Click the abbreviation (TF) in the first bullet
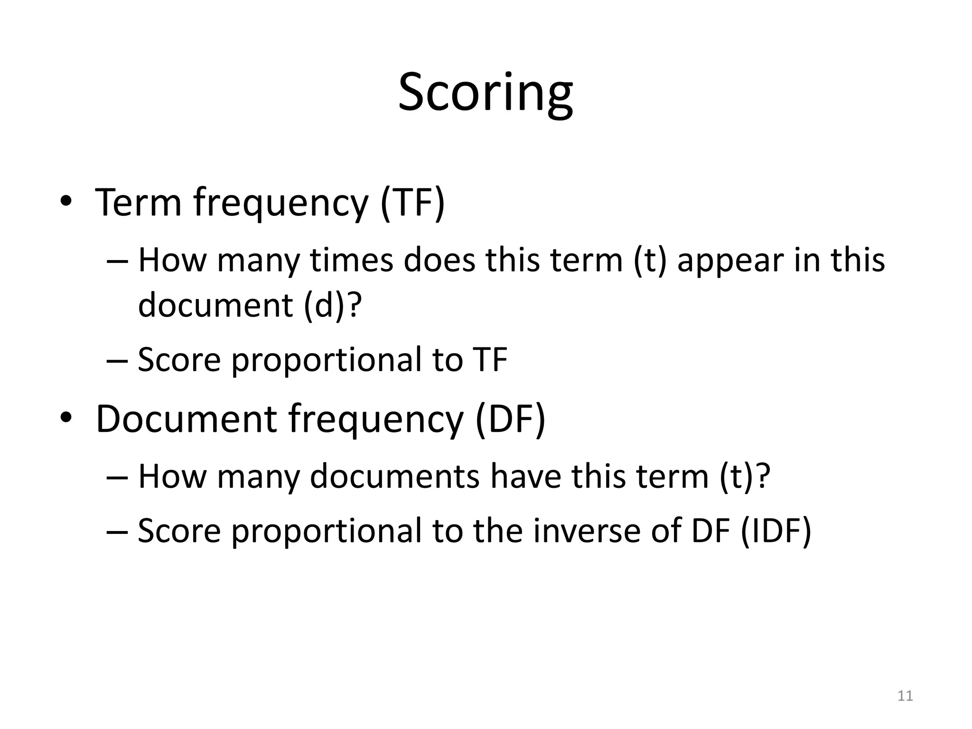412,203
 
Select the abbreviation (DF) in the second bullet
510,419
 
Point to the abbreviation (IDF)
776,530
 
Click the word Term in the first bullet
139,203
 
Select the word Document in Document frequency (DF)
186,419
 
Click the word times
352,261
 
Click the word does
439,261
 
